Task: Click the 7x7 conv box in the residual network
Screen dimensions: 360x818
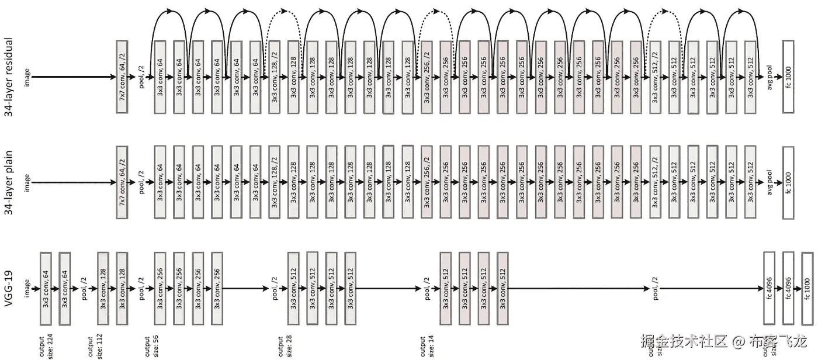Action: (x=122, y=77)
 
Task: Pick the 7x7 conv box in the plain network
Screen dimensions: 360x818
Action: (x=122, y=182)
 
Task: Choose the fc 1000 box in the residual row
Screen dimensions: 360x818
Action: (x=788, y=77)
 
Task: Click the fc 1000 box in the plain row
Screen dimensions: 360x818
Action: (x=788, y=182)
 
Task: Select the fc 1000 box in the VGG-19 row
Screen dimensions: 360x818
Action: (x=807, y=288)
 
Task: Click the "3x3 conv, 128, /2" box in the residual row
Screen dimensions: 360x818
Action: (x=274, y=77)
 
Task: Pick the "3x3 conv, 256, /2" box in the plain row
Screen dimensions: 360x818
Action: (x=427, y=182)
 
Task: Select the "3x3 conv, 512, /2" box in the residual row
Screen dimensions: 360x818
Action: (x=655, y=77)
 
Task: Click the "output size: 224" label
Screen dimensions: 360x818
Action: (x=45, y=347)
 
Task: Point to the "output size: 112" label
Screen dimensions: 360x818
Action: (x=93, y=347)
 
